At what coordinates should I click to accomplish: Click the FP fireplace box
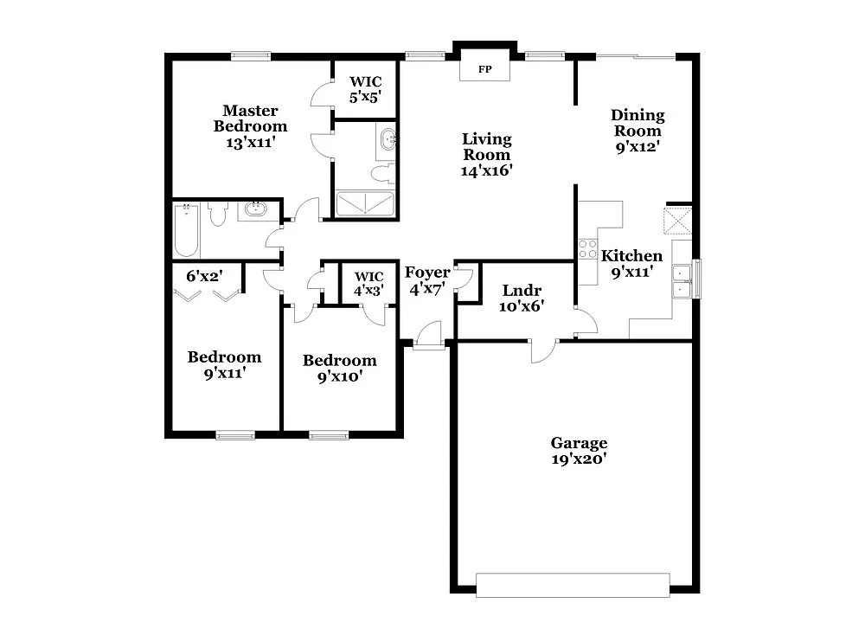(x=484, y=68)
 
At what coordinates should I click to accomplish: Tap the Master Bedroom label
(x=250, y=119)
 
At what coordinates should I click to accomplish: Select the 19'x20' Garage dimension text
(x=579, y=460)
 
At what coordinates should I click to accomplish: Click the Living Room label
(x=487, y=146)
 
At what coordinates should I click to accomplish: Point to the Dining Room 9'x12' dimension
(x=638, y=146)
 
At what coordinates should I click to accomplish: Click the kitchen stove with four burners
(x=588, y=249)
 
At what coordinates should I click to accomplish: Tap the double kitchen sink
(x=683, y=280)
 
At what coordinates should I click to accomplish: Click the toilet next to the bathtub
(x=217, y=213)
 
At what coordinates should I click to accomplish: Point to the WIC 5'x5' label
(x=365, y=90)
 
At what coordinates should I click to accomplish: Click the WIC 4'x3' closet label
(x=368, y=283)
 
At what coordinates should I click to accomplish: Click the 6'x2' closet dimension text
(x=204, y=277)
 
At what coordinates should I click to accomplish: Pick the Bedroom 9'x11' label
(x=224, y=365)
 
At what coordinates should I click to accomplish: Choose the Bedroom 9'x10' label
(x=339, y=368)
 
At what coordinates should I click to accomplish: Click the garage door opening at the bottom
(x=572, y=585)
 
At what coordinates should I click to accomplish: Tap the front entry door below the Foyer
(x=428, y=336)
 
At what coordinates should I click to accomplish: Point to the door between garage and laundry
(x=543, y=350)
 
